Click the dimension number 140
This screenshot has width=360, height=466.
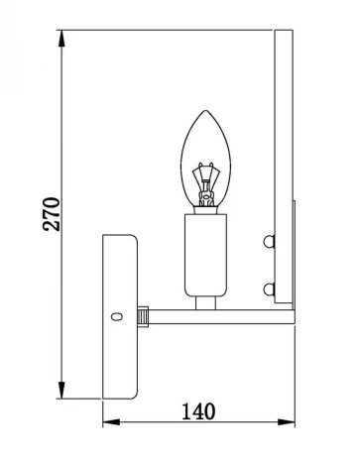tap(198, 409)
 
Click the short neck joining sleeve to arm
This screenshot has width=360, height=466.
tap(205, 302)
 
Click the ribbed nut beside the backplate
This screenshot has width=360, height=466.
tap(144, 316)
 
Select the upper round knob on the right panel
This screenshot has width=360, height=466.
tap(268, 240)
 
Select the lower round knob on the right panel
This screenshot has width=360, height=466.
tap(268, 289)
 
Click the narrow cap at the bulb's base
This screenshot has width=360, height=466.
tap(205, 206)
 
